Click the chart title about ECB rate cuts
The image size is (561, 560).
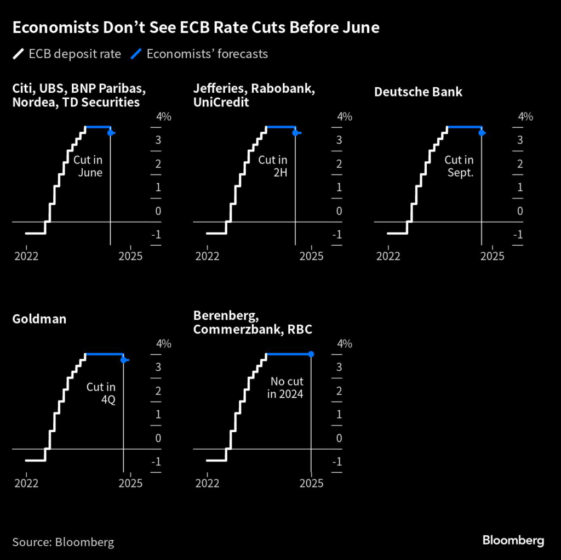coord(196,28)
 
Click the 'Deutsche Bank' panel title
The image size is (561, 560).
coord(418,92)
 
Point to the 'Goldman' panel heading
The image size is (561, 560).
coord(39,319)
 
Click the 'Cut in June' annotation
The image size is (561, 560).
coord(88,166)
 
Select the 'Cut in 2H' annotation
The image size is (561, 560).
coord(273,166)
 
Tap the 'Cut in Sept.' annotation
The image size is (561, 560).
coord(459,166)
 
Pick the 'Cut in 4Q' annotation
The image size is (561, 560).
coord(101,393)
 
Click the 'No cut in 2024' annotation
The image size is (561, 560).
coord(285,387)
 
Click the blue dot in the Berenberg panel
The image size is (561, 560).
coord(311,354)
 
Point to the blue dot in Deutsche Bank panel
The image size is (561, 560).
coord(482,133)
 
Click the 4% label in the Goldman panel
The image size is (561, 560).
coord(164,344)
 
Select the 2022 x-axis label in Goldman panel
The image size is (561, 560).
coord(26,483)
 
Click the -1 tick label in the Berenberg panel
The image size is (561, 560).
coord(337,462)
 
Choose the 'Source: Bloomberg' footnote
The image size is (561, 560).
coord(63,542)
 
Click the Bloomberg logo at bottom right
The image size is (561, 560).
coord(513,540)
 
